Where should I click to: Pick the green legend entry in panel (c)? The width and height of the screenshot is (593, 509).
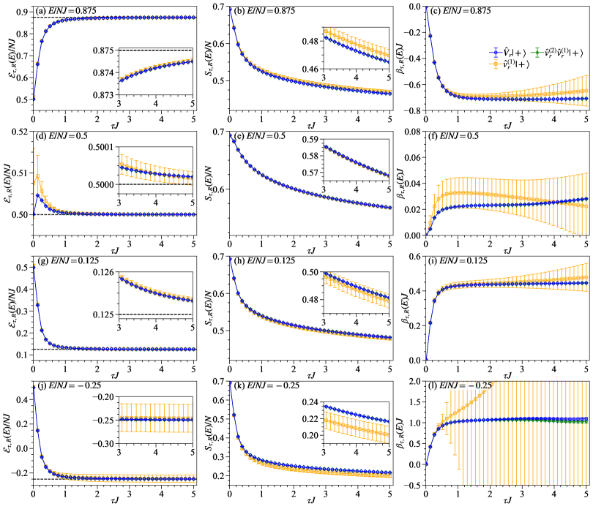(x=559, y=53)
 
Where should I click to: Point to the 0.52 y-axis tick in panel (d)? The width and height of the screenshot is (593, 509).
(x=20, y=131)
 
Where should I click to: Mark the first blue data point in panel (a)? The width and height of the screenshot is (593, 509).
(x=33, y=99)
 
